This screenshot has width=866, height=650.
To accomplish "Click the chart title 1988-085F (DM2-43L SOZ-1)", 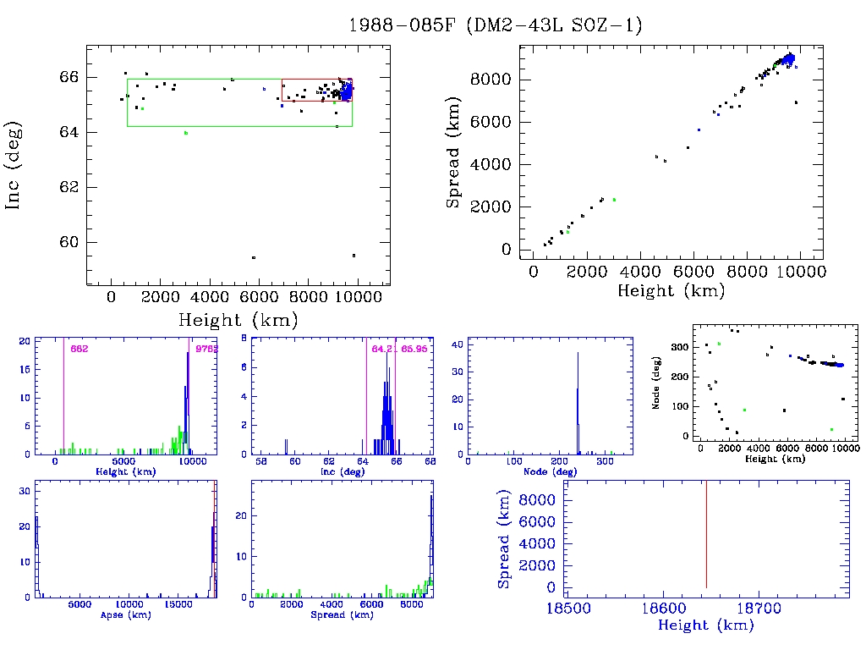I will [x=496, y=25].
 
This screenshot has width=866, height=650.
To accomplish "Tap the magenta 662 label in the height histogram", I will [x=79, y=349].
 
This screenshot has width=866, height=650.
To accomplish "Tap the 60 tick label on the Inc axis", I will [x=70, y=242].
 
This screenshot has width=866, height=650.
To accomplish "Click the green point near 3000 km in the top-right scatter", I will [x=614, y=200].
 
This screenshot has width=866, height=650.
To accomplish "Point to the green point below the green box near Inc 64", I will [x=186, y=133].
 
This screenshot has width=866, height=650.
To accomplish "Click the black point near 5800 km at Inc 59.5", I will [x=254, y=257].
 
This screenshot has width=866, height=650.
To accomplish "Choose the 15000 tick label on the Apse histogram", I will [x=178, y=604].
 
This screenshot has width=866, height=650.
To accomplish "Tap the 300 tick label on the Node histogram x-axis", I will [x=605, y=461].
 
